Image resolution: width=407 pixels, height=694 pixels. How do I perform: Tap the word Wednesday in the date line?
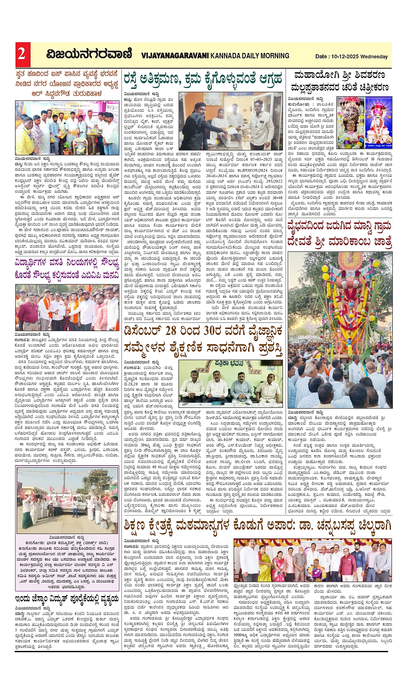(373, 56)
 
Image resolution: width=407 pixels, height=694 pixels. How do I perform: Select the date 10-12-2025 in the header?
(345, 56)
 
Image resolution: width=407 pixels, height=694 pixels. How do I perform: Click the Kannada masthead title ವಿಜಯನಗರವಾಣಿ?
(89, 54)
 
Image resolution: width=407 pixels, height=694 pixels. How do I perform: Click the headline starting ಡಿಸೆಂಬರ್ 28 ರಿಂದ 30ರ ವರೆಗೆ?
(203, 339)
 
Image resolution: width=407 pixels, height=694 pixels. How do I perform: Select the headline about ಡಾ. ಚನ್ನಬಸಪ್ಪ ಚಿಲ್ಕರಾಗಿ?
(258, 525)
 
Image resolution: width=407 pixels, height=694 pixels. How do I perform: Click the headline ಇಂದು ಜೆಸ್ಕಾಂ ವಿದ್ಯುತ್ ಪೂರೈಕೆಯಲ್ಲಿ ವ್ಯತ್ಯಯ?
(67, 598)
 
